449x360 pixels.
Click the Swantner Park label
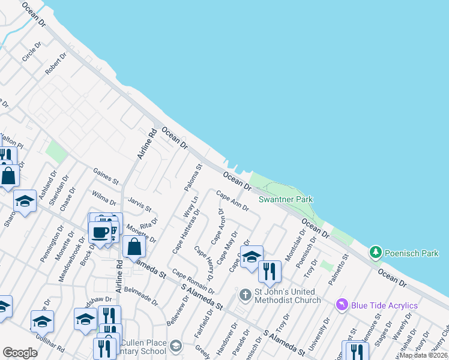point(286,199)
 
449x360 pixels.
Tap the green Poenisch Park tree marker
point(376,253)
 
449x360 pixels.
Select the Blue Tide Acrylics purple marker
point(342,305)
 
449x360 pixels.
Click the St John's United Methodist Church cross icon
point(245,295)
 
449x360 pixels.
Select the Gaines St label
point(106,176)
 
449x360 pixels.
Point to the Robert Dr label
point(56,65)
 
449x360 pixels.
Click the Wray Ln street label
point(190,207)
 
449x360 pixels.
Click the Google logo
point(20,353)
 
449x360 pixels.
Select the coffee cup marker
point(100,232)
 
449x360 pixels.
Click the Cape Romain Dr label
point(193,281)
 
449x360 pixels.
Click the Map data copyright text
point(423,355)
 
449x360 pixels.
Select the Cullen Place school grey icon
point(175,346)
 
